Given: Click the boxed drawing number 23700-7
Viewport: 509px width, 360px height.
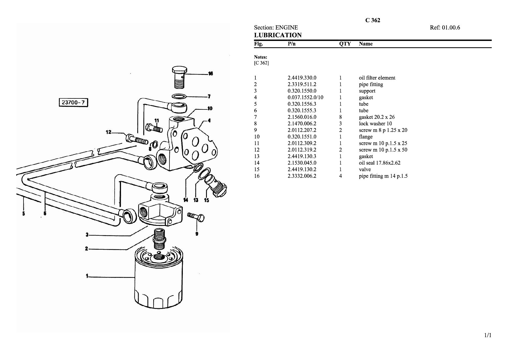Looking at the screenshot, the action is tap(73, 102).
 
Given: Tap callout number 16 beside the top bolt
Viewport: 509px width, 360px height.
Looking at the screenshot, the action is tap(211, 73).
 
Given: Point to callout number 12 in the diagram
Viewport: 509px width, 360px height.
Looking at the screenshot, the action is tap(109, 132).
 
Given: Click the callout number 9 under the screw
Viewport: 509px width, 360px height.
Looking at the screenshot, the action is tap(197, 234).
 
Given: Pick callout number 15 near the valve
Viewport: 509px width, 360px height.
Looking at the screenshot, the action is tap(207, 200).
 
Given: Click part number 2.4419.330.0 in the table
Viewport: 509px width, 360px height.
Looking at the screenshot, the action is tap(302, 78).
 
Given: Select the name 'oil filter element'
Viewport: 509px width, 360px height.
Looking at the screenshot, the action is tap(377, 78).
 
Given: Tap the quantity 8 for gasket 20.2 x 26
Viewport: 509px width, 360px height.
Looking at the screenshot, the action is tap(340, 117).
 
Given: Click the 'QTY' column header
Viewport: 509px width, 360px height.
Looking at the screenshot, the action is tap(345, 44).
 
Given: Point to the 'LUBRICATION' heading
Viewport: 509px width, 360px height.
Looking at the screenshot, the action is tap(278, 35).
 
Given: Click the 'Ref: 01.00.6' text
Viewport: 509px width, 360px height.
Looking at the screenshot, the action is tap(445, 28).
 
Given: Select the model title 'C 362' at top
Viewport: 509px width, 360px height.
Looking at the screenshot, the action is tap(373, 20).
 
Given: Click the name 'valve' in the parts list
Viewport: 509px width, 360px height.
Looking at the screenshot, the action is tap(365, 169).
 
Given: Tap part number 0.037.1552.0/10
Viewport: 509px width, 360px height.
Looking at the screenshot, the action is tap(305, 98).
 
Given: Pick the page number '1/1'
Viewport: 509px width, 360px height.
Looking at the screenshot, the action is tap(488, 335).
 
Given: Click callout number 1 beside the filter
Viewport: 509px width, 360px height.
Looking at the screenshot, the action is tap(87, 276).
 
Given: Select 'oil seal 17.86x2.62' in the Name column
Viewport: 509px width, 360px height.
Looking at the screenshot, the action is tap(380, 163).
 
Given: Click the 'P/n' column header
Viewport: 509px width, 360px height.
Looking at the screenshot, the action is tap(291, 44).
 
